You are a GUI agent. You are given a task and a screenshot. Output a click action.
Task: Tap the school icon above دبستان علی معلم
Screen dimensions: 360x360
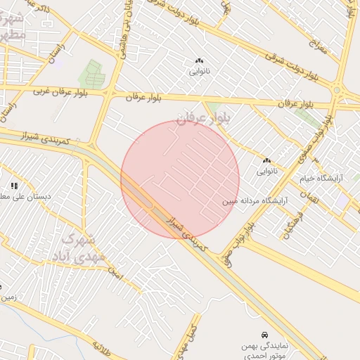[x=14, y=186]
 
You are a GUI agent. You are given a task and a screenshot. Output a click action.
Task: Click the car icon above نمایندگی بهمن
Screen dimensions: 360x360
[x=264, y=334]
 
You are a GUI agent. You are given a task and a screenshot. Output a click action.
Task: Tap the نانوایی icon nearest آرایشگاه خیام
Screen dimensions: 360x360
[x=267, y=161]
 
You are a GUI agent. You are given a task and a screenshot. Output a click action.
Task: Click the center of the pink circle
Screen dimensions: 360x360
[x=180, y=179]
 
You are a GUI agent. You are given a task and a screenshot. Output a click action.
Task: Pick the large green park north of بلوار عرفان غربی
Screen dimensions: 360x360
[x=91, y=75]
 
